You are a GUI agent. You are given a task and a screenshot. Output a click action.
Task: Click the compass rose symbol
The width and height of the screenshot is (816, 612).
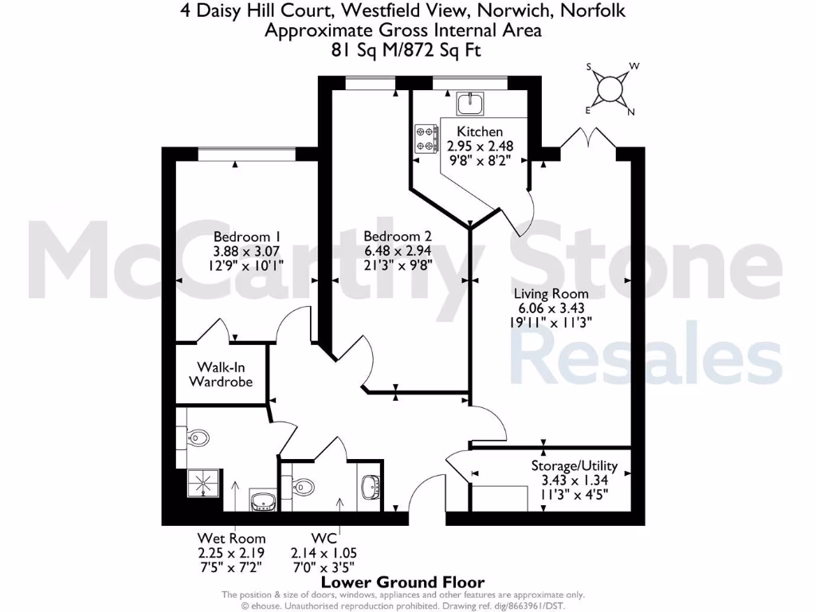[611, 88]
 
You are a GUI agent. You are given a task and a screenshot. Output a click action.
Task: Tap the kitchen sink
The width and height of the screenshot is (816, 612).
[471, 103]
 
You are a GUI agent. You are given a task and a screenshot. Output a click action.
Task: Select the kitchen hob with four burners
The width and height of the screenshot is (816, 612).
[426, 137]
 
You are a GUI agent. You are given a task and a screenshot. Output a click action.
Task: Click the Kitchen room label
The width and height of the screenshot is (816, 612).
[480, 131]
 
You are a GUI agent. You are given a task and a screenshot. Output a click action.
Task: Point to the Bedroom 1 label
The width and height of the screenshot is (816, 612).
[248, 237]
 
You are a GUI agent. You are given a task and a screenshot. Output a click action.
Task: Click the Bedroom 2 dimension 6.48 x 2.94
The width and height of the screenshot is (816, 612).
[398, 251]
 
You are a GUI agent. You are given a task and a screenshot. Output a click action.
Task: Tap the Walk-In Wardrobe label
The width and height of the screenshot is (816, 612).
[221, 375]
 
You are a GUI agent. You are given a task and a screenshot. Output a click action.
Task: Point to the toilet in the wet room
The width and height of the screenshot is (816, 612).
[199, 437]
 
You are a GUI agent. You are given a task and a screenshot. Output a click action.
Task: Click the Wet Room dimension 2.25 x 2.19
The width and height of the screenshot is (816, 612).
[231, 552]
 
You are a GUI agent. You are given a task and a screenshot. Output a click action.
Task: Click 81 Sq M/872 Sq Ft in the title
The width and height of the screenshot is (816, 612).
[407, 49]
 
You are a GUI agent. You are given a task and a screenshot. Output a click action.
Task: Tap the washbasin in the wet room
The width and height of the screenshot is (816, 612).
[264, 500]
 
